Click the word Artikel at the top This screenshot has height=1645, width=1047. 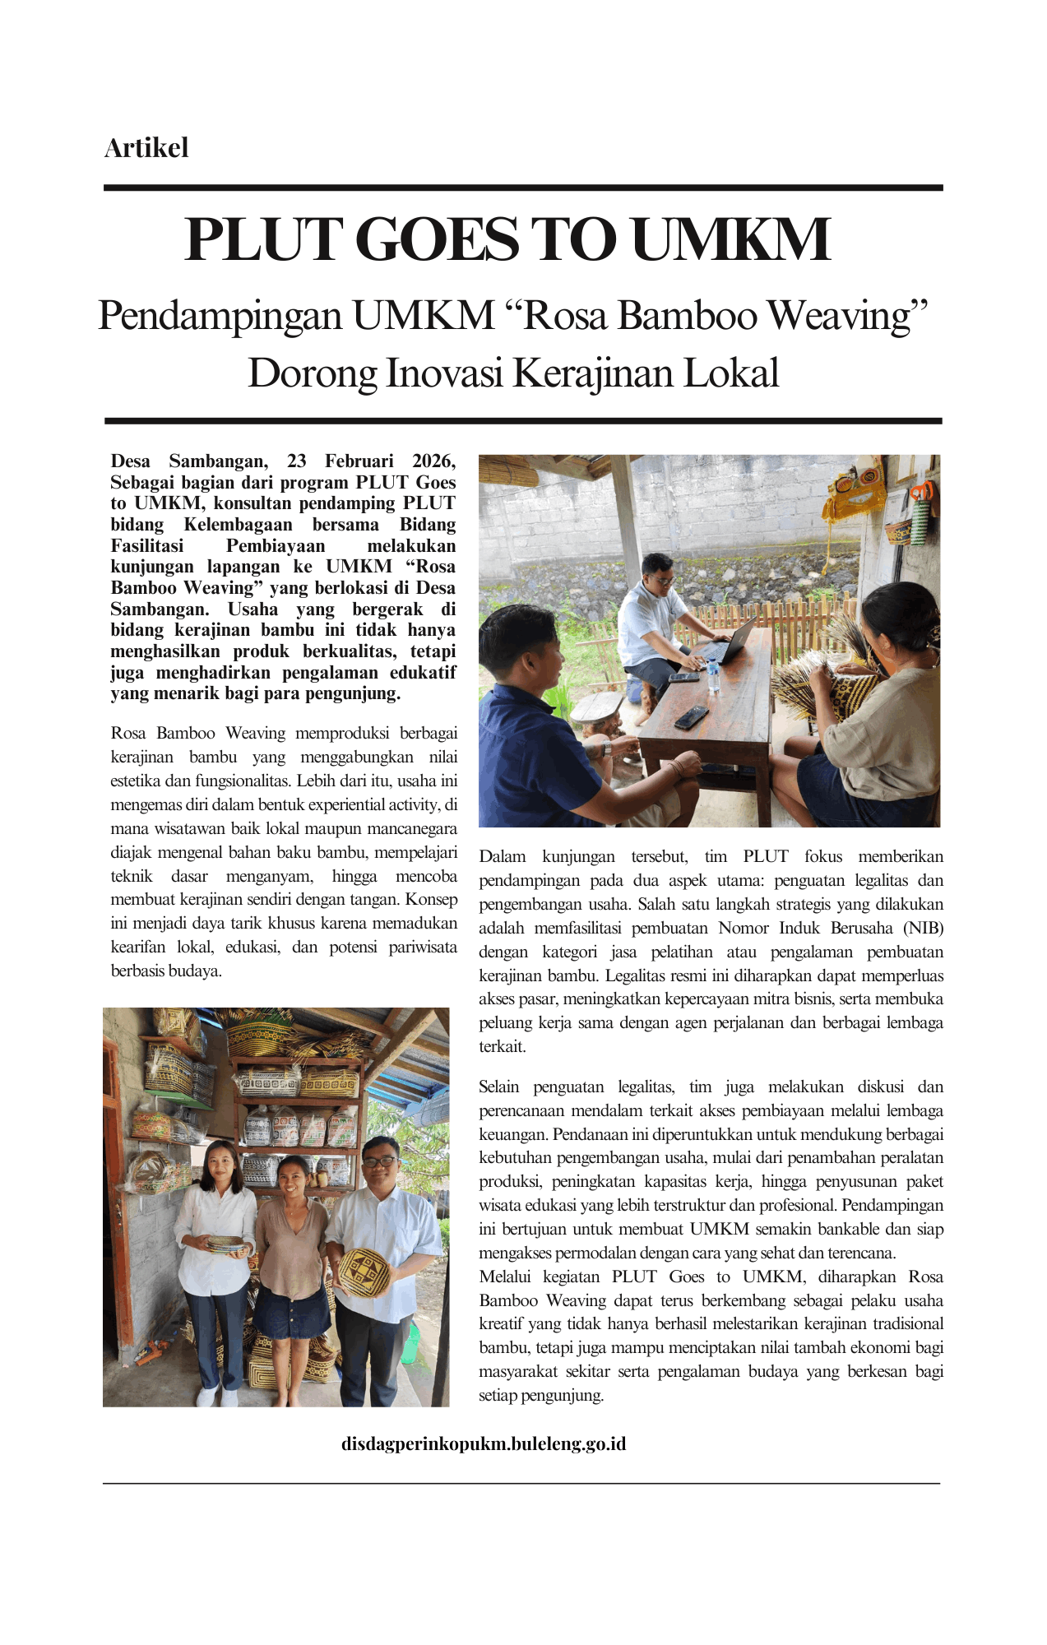[x=146, y=148]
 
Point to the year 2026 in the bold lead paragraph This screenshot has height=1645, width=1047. [x=431, y=461]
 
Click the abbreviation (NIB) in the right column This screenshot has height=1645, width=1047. [x=923, y=928]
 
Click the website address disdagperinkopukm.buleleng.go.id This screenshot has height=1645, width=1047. [x=484, y=1443]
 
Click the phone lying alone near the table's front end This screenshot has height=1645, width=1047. [x=691, y=717]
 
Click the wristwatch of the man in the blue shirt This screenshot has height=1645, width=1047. [x=606, y=748]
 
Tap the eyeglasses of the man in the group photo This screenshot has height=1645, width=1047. [x=380, y=1161]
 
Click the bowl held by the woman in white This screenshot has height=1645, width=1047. [x=225, y=1244]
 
